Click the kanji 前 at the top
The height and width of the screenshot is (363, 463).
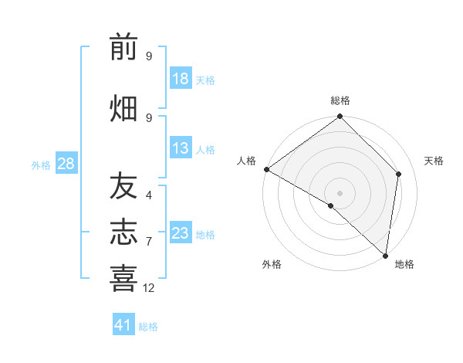click(x=123, y=48)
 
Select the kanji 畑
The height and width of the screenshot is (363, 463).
click(x=123, y=108)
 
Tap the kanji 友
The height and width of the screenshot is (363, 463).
click(x=123, y=185)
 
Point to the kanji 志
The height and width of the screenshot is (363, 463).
click(x=123, y=232)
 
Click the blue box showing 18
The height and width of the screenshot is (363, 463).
click(x=181, y=79)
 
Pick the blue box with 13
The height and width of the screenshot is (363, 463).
click(x=181, y=148)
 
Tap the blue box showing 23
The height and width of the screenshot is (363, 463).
click(x=181, y=233)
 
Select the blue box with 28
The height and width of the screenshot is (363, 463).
click(x=66, y=164)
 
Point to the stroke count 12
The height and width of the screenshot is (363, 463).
click(x=149, y=288)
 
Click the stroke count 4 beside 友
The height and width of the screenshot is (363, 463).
click(x=149, y=195)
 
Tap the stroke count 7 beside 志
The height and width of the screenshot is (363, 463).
click(x=149, y=242)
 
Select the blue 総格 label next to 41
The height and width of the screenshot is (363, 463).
click(x=148, y=327)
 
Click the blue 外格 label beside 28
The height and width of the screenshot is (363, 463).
click(x=41, y=165)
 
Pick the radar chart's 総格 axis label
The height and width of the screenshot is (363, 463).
click(x=340, y=100)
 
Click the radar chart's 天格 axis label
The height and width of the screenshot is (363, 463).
click(x=434, y=161)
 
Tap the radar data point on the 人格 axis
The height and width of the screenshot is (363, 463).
click(x=266, y=169)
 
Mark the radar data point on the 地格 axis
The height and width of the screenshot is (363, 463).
click(x=384, y=256)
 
